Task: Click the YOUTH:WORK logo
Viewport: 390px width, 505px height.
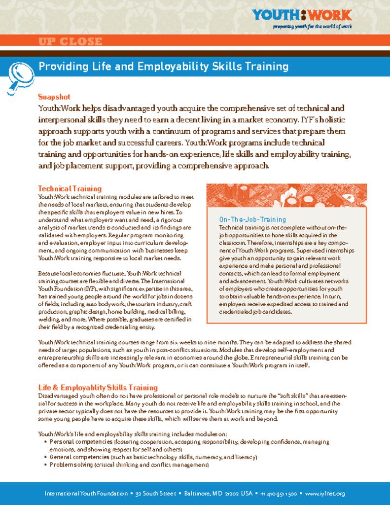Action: (x=301, y=15)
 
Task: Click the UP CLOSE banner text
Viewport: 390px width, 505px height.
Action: (x=70, y=41)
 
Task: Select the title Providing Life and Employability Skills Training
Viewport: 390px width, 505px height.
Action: (x=163, y=67)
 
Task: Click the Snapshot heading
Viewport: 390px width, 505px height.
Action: (x=54, y=97)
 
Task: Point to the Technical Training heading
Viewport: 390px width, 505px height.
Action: (x=70, y=188)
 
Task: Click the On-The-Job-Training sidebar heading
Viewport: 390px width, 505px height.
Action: (x=252, y=219)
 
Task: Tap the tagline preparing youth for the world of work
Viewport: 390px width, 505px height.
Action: (x=312, y=27)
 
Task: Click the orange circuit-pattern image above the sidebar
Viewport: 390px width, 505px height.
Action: (x=286, y=195)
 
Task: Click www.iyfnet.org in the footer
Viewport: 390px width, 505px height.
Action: (x=325, y=493)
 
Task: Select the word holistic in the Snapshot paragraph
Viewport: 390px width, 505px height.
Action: (x=333, y=120)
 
